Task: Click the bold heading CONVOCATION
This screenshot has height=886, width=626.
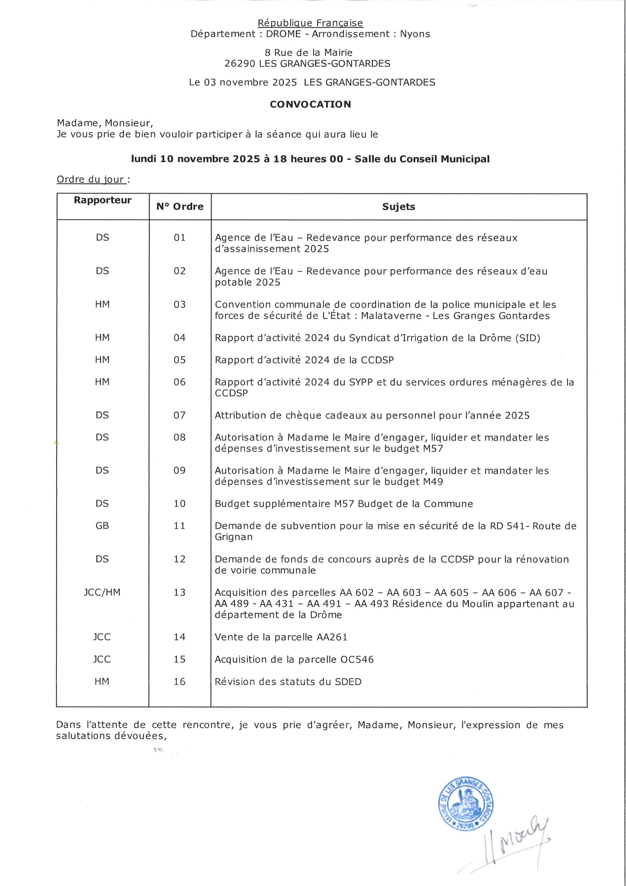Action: [310, 105]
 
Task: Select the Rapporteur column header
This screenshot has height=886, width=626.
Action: [103, 200]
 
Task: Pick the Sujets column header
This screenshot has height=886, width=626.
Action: [398, 207]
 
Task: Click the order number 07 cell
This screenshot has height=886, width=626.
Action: [180, 416]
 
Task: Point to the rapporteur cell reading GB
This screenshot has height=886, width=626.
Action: [102, 526]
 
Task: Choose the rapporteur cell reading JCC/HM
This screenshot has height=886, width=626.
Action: [102, 592]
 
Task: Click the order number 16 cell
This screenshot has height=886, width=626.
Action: [180, 681]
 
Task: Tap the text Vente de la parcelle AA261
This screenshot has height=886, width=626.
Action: [281, 637]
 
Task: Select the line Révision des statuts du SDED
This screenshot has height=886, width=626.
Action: [288, 682]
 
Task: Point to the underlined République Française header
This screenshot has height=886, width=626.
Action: [310, 23]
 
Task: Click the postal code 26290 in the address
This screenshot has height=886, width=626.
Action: [240, 64]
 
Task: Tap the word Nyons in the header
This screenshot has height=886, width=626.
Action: [415, 34]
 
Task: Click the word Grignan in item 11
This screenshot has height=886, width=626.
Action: [233, 537]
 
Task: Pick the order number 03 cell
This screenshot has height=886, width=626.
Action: [180, 305]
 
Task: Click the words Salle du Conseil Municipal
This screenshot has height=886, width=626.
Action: [422, 159]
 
